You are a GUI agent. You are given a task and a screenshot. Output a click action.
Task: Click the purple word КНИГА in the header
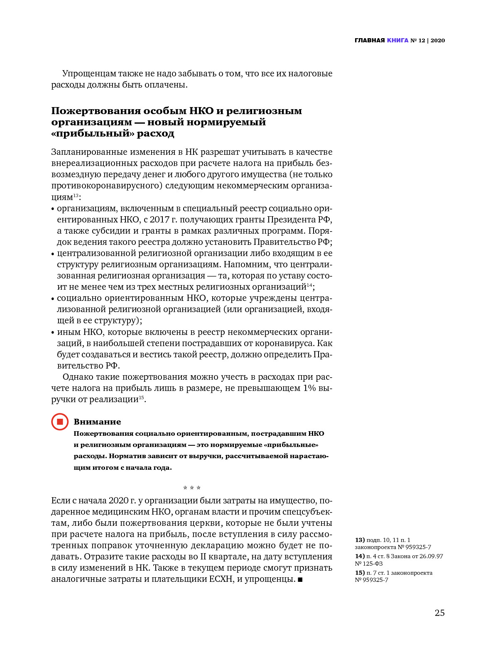[397, 40]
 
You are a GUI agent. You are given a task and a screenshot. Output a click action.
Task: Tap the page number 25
[439, 613]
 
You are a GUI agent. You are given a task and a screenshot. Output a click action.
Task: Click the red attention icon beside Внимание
[60, 422]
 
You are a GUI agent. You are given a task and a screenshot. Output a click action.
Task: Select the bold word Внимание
[97, 422]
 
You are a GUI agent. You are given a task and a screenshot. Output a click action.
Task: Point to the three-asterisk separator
[192, 488]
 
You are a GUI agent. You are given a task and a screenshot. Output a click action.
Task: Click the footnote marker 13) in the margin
[360, 540]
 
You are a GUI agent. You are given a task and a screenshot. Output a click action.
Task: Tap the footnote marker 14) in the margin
[360, 556]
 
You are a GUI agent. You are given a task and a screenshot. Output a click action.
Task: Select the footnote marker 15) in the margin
[360, 573]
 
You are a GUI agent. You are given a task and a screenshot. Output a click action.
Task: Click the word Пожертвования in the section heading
[96, 111]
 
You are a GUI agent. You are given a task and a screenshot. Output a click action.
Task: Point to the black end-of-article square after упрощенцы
[300, 579]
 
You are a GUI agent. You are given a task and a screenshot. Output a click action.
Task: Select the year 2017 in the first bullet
[159, 220]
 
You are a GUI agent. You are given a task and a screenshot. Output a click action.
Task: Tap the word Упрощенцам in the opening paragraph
[89, 73]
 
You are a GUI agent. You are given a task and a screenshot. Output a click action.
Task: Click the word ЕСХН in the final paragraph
[221, 579]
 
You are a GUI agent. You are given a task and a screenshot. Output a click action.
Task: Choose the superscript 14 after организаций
[309, 285]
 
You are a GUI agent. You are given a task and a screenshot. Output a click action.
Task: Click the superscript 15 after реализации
[141, 398]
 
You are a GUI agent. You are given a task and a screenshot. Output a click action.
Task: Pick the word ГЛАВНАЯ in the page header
[370, 40]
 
